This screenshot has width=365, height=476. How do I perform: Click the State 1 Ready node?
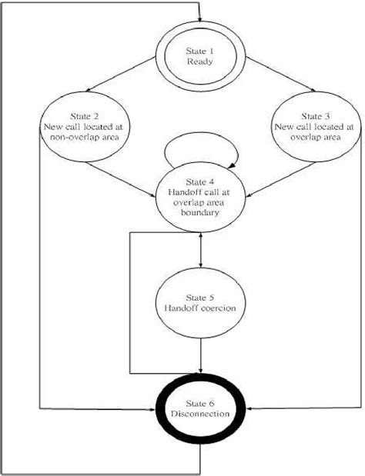pyautogui.click(x=200, y=56)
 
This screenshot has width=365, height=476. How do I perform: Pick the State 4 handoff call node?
pyautogui.click(x=202, y=200)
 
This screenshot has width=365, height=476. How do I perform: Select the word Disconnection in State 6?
pyautogui.click(x=202, y=414)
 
